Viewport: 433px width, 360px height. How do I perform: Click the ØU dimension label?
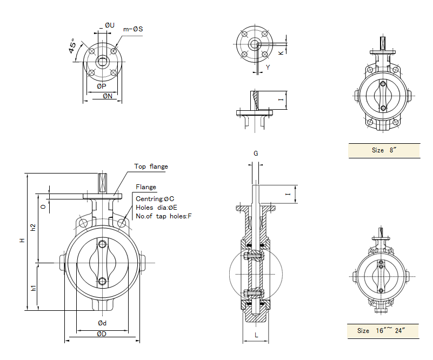point(110,25)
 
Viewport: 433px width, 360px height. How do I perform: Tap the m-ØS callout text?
point(133,28)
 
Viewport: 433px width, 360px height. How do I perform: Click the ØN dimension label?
point(108,96)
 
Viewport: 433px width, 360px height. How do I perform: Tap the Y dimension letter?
point(268,67)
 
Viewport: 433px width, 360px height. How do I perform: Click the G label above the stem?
point(256,154)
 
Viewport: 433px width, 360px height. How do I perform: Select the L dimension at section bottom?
point(256,336)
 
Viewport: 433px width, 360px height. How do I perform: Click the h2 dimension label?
point(34,228)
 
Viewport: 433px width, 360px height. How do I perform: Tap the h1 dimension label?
point(34,288)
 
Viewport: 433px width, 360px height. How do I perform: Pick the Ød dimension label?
point(102,323)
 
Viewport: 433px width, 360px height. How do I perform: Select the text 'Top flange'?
point(151,166)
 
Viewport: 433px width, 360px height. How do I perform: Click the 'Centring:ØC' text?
point(155,198)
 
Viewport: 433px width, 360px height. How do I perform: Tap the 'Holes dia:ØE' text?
point(157,207)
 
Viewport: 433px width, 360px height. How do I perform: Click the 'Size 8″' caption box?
point(384,150)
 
